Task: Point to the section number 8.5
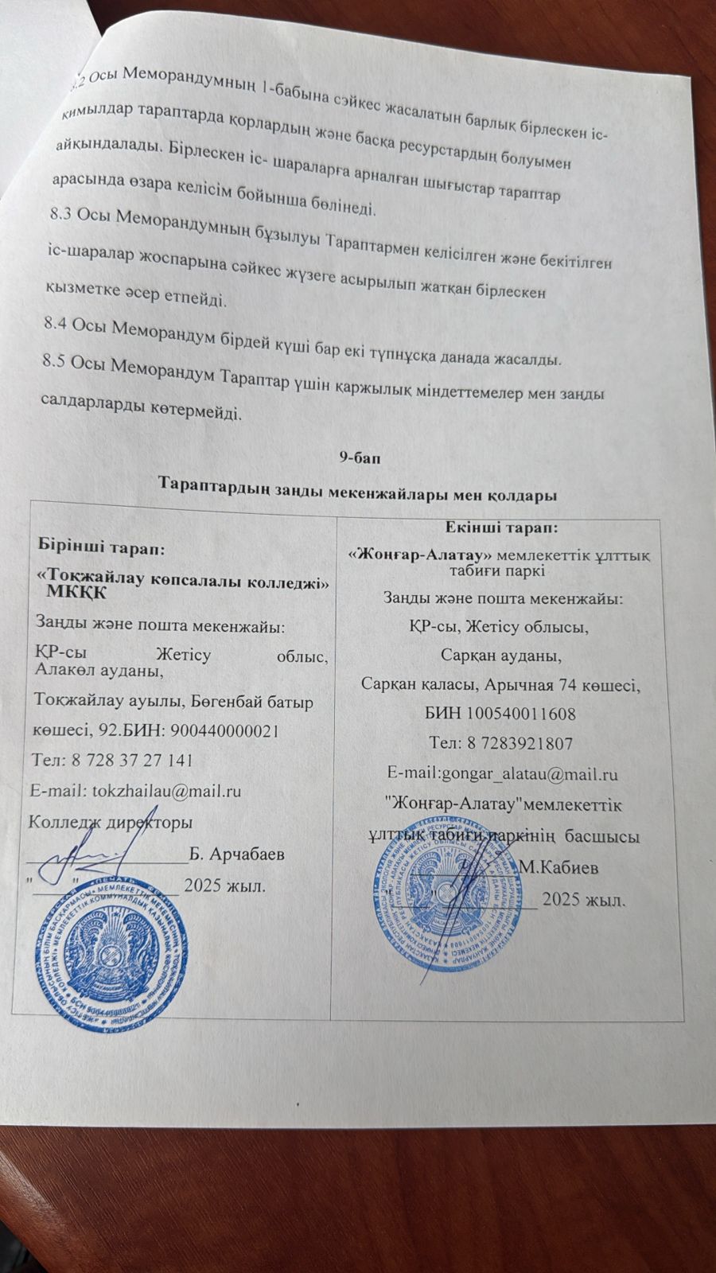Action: (56, 362)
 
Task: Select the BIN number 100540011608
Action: (520, 714)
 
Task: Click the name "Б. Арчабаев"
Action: (237, 855)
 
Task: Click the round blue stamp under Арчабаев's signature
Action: (112, 959)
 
